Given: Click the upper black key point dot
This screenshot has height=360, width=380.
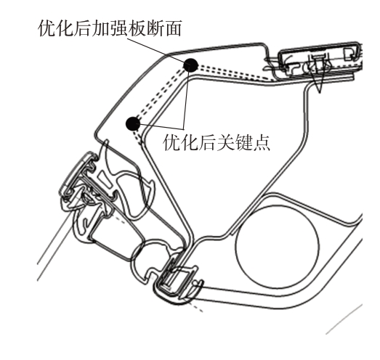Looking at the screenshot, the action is click(191, 65).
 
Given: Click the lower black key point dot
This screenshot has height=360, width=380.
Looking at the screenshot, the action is click(133, 123).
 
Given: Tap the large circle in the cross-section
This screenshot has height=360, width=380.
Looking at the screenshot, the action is click(278, 247).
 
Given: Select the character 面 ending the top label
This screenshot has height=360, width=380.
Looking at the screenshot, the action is click(173, 28).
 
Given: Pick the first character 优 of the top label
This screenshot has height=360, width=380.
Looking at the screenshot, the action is click(47, 28).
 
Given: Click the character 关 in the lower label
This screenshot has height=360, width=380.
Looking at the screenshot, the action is click(225, 142).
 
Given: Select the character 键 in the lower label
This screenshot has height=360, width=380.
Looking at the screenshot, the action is click(243, 142).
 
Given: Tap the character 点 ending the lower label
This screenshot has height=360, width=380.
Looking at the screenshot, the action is click(262, 142).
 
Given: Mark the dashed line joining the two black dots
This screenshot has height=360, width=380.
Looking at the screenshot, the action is click(161, 94).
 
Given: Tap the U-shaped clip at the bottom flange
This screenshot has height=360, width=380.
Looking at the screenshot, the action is click(178, 283).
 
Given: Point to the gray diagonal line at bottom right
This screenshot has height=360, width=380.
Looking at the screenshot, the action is click(344, 319).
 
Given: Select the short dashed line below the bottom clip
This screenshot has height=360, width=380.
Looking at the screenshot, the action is click(194, 306).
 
